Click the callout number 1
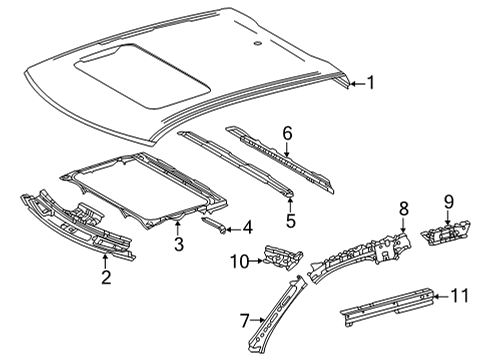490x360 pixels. coord(370,84)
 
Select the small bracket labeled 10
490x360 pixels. coord(282,257)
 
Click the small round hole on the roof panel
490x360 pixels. coord(257,44)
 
